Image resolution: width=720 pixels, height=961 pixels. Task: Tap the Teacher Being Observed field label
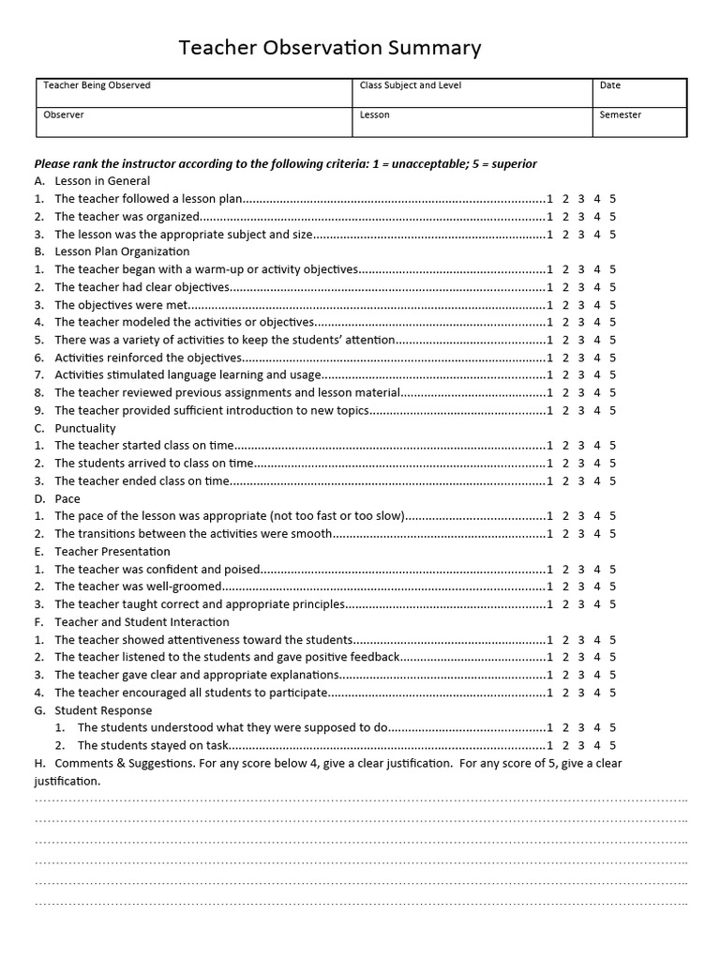[97, 85]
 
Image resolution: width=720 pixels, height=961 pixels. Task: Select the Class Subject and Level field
[410, 85]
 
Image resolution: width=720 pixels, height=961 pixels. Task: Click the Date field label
[610, 85]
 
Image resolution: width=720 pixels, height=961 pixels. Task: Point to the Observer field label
[64, 114]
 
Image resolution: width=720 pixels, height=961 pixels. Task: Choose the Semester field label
[621, 114]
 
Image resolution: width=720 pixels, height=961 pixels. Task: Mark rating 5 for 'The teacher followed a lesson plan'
[612, 199]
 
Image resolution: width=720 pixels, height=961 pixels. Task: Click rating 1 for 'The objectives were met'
[550, 305]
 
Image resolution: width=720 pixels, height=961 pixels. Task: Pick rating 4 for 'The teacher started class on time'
[597, 446]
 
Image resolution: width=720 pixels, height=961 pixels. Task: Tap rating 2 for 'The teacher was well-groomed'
[566, 587]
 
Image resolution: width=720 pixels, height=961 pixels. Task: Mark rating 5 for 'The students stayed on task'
[612, 745]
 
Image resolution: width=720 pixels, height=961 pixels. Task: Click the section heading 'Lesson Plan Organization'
[122, 252]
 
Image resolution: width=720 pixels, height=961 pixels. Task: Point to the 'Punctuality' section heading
[85, 428]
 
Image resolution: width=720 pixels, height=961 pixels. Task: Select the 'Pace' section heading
[67, 498]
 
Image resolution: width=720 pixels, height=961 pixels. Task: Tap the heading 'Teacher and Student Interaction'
[142, 622]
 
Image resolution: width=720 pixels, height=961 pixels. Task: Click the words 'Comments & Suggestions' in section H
[124, 763]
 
